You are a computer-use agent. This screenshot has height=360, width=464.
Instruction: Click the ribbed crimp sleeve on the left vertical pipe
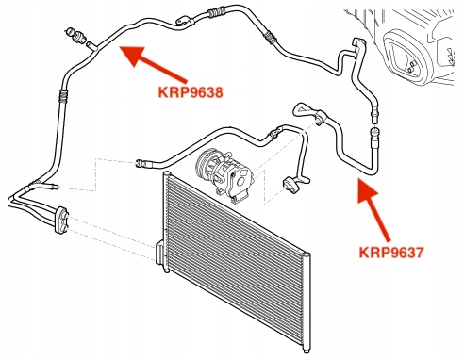coord(63,94)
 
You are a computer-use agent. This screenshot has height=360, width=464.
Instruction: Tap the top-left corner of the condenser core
coord(167,177)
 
